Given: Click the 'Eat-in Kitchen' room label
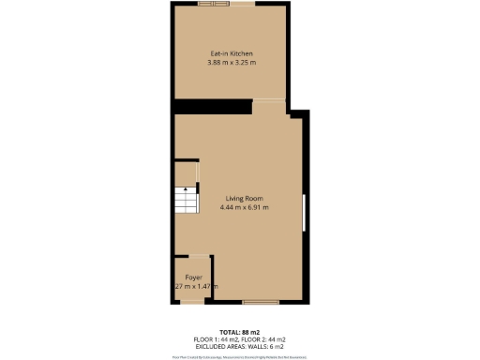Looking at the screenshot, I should pos(231,54).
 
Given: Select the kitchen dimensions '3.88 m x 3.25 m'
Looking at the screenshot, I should pos(231,63).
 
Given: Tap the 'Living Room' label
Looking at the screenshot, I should pos(244,198).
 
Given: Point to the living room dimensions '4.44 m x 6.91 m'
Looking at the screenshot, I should pos(244,207).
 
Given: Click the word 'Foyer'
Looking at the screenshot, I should pos(194,277).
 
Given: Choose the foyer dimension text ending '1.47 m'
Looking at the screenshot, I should pos(196,286).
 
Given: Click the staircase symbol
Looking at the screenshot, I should pos(186,201).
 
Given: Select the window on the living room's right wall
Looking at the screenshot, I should pos(304,213).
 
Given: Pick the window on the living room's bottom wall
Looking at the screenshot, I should pos(257,302).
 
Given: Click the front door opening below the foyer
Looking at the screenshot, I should pos(191,302).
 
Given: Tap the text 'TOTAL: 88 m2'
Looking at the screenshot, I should pos(240,332).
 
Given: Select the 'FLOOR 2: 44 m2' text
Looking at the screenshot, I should pos(264,338).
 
